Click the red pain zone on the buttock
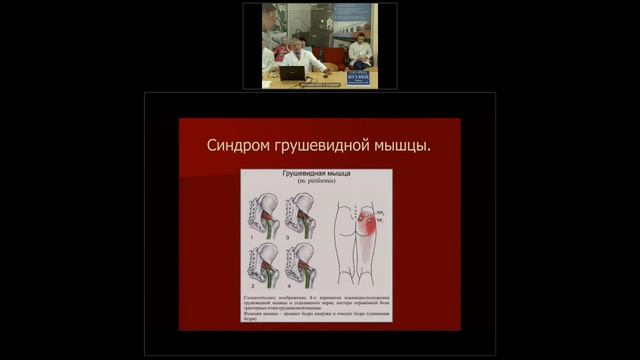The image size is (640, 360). [x=368, y=222]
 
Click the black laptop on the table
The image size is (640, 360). [x=292, y=73]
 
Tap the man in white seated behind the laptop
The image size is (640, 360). [x=299, y=56]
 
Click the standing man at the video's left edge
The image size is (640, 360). [x=268, y=40]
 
